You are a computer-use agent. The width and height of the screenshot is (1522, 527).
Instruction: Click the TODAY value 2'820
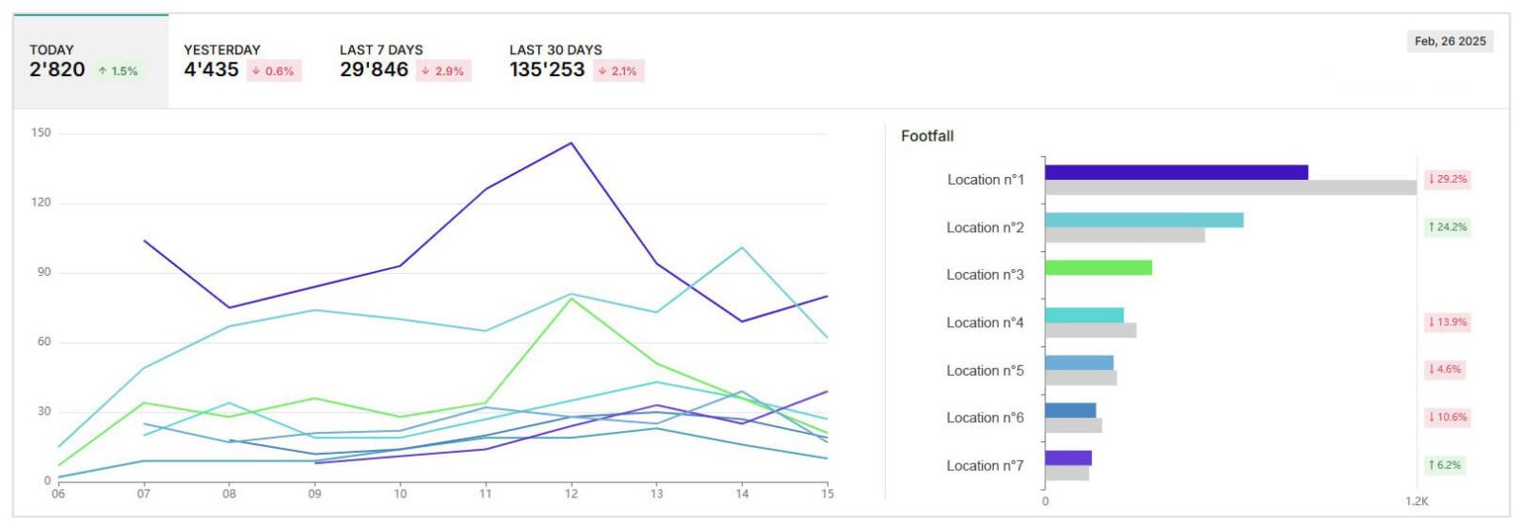tap(57, 69)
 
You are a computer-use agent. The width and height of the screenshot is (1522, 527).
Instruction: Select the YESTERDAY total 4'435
tap(211, 69)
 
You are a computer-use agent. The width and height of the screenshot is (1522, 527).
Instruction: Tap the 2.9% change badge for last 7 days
tap(443, 71)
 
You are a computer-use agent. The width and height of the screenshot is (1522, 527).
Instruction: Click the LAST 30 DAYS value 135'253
tap(547, 69)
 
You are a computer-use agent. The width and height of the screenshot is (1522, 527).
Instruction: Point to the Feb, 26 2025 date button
tap(1450, 41)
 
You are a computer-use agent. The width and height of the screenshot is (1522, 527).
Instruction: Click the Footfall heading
tap(927, 136)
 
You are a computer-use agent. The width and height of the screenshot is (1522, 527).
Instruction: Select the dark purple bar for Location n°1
tap(1176, 172)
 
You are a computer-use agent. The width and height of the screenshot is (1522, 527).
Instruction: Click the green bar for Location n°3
tap(1098, 267)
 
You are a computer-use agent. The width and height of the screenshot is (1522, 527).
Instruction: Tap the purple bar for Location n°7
tap(1067, 458)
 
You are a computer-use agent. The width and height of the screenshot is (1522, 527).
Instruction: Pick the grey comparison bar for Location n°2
tap(1124, 235)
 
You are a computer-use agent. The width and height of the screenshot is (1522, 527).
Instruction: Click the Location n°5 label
tap(985, 370)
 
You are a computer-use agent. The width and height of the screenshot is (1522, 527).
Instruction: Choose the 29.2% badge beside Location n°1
tap(1447, 179)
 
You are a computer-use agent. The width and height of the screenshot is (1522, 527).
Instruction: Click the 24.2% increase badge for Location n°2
tap(1447, 226)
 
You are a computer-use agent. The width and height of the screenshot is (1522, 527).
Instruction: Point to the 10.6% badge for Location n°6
tap(1447, 417)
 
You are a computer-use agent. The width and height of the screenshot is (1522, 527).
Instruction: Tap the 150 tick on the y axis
tap(41, 133)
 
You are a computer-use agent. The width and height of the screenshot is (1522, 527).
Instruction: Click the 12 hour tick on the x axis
tap(571, 494)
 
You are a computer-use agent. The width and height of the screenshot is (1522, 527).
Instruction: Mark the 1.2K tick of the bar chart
tap(1416, 501)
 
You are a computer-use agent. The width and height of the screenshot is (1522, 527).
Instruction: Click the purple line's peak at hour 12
tap(571, 144)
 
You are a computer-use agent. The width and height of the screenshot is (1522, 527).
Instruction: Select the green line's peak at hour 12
tap(571, 299)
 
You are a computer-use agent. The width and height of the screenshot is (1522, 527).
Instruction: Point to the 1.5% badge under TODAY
tap(119, 71)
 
